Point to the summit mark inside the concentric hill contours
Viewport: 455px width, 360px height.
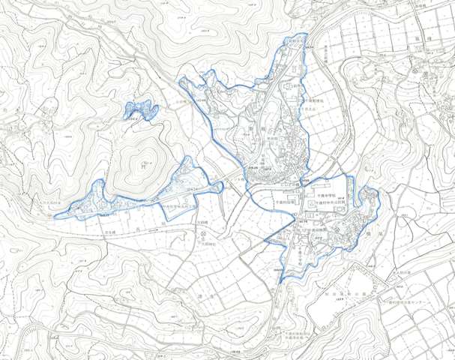143,160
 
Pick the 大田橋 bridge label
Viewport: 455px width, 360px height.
202,222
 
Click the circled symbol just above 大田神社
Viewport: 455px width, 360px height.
204,235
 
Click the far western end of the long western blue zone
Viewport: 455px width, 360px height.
54,215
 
